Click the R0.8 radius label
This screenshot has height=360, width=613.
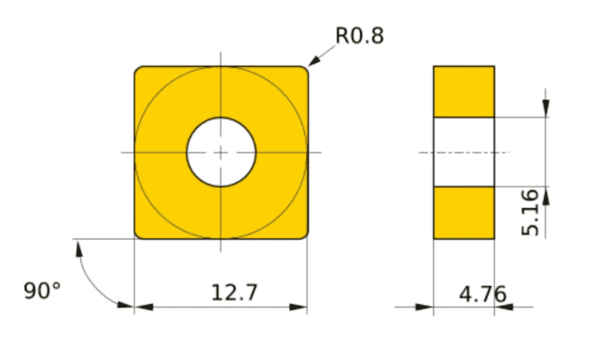[x=359, y=36]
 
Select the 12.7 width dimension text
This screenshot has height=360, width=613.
[x=234, y=291]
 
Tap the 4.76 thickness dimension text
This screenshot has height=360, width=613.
[x=483, y=294]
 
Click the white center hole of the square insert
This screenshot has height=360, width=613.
[x=221, y=152]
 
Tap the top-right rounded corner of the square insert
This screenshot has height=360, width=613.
[x=304, y=70]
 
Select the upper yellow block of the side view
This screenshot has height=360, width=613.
[x=464, y=91]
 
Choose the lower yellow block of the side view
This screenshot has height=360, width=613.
[x=464, y=212]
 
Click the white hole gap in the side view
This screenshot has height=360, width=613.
[x=464, y=152]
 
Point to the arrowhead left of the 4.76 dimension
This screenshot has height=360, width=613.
[x=426, y=307]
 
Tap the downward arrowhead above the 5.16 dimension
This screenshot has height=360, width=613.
[x=546, y=111]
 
